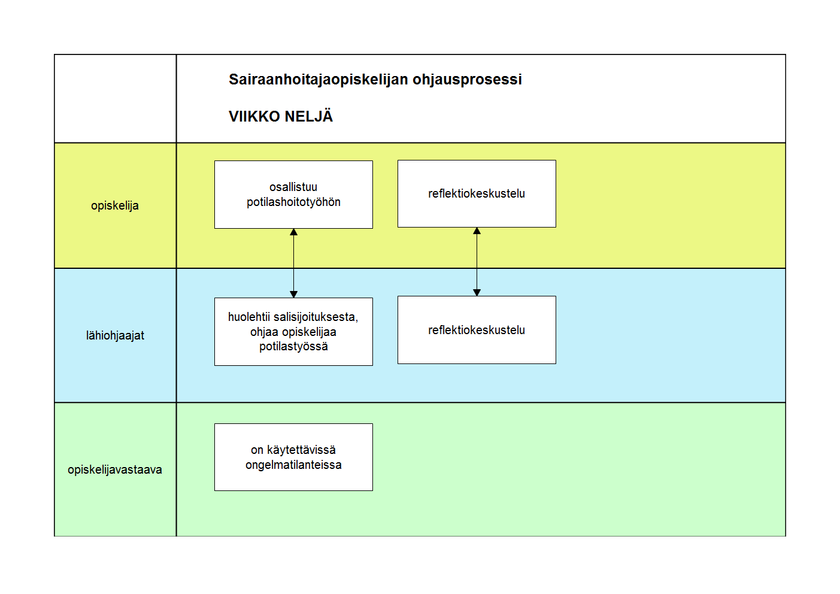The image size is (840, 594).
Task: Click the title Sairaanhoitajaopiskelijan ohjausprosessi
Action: pos(375,80)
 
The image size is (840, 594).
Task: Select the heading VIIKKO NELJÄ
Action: pos(281,116)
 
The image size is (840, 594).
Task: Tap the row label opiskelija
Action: pos(115,206)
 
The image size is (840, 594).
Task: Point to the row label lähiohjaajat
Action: pos(115,335)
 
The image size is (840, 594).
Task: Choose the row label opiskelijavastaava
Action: pos(115,470)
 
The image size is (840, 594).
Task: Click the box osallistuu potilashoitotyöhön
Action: pos(293,195)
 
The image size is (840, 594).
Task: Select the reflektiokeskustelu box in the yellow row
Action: pos(477,194)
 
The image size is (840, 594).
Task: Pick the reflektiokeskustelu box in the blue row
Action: pos(477,330)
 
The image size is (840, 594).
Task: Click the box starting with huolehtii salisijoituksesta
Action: pos(293,332)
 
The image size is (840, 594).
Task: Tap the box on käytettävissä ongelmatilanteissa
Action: pos(293,457)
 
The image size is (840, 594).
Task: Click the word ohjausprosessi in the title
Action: pos(467,80)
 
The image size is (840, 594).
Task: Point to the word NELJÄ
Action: pos(308,116)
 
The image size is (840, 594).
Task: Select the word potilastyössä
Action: pos(293,347)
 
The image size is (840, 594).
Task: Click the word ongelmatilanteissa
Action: pos(293,465)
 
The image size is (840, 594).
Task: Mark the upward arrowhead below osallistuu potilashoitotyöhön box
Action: pos(293,232)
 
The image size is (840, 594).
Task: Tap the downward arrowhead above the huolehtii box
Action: pos(293,295)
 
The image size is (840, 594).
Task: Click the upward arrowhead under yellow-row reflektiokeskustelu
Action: pos(477,231)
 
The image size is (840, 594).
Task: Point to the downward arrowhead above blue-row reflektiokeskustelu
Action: pos(477,292)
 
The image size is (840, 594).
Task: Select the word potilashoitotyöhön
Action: pos(293,202)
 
